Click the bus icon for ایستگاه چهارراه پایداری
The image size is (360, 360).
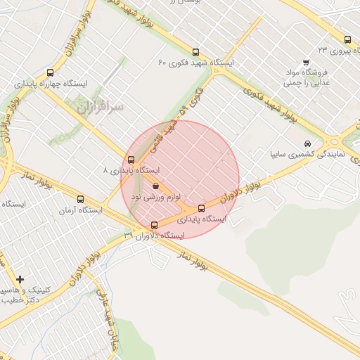(x=50, y=72)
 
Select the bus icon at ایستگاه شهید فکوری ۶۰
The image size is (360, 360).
(x=195, y=52)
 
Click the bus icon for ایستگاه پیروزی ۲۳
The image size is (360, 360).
(x=347, y=40)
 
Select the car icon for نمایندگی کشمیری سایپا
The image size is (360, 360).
(x=307, y=143)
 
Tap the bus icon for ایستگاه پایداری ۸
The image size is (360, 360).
(x=131, y=160)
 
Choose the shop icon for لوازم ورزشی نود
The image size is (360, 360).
(x=155, y=186)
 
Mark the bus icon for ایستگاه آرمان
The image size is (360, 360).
(x=80, y=199)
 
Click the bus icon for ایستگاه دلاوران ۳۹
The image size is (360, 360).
(x=155, y=225)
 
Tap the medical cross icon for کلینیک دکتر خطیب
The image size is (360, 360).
(x=20, y=280)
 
